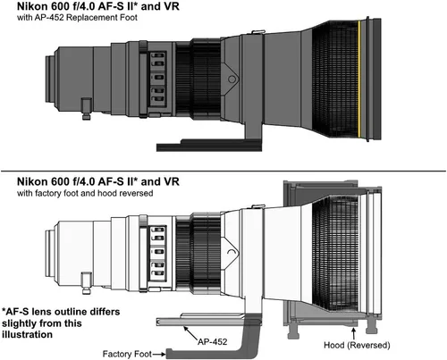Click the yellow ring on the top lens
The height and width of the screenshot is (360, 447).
[359, 79]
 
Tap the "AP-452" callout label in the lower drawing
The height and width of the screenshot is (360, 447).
[213, 341]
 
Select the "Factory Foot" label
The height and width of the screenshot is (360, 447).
[127, 354]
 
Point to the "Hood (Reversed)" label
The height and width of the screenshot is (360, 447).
[357, 345]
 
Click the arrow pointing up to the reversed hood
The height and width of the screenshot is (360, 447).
[354, 333]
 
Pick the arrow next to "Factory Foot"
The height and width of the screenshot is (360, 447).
[159, 354]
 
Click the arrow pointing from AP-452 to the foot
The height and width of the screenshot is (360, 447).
[190, 333]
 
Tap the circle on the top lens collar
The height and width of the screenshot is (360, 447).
[232, 80]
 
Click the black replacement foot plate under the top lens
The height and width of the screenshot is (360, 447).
[209, 146]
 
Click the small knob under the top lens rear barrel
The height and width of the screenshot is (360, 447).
[86, 109]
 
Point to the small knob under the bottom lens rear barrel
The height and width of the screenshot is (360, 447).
[86, 283]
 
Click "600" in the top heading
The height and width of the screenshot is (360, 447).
[62, 6]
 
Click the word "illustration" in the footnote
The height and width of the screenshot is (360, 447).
[27, 334]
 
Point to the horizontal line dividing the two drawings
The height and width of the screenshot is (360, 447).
[223, 172]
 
